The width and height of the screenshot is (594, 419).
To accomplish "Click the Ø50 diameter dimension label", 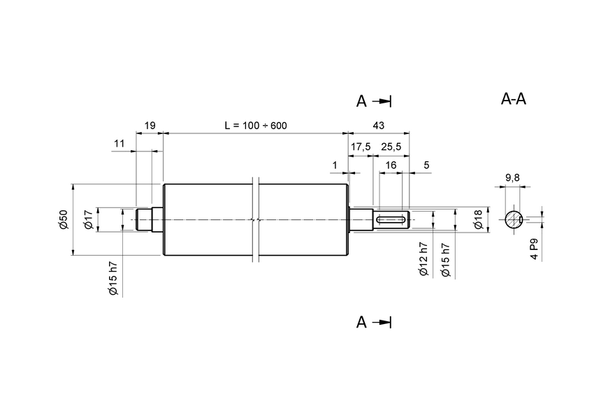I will pyautogui.click(x=62, y=220).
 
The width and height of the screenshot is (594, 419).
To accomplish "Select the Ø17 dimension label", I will pyautogui.click(x=88, y=220).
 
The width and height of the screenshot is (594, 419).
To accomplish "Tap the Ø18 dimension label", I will pyautogui.click(x=478, y=220).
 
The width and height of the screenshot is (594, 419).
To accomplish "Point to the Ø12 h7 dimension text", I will pyautogui.click(x=423, y=260).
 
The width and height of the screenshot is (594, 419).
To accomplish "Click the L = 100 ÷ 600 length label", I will pyautogui.click(x=255, y=126).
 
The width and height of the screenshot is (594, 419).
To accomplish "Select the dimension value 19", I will pyautogui.click(x=150, y=126).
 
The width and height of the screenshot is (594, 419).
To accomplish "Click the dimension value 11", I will pyautogui.click(x=119, y=143).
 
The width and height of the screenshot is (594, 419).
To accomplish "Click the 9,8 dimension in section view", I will pyautogui.click(x=512, y=178).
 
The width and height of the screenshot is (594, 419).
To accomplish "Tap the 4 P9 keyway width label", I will pyautogui.click(x=533, y=249).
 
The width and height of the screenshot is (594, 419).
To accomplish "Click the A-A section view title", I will pyautogui.click(x=514, y=99).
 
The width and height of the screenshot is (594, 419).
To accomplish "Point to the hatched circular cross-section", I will pyautogui.click(x=514, y=219).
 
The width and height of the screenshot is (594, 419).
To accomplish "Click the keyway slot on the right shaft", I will pyautogui.click(x=392, y=220).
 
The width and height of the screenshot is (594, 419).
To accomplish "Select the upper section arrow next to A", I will pyautogui.click(x=382, y=102).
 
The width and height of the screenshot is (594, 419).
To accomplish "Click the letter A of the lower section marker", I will pyautogui.click(x=361, y=322).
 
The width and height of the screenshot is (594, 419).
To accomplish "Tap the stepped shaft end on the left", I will pyautogui.click(x=148, y=220).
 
